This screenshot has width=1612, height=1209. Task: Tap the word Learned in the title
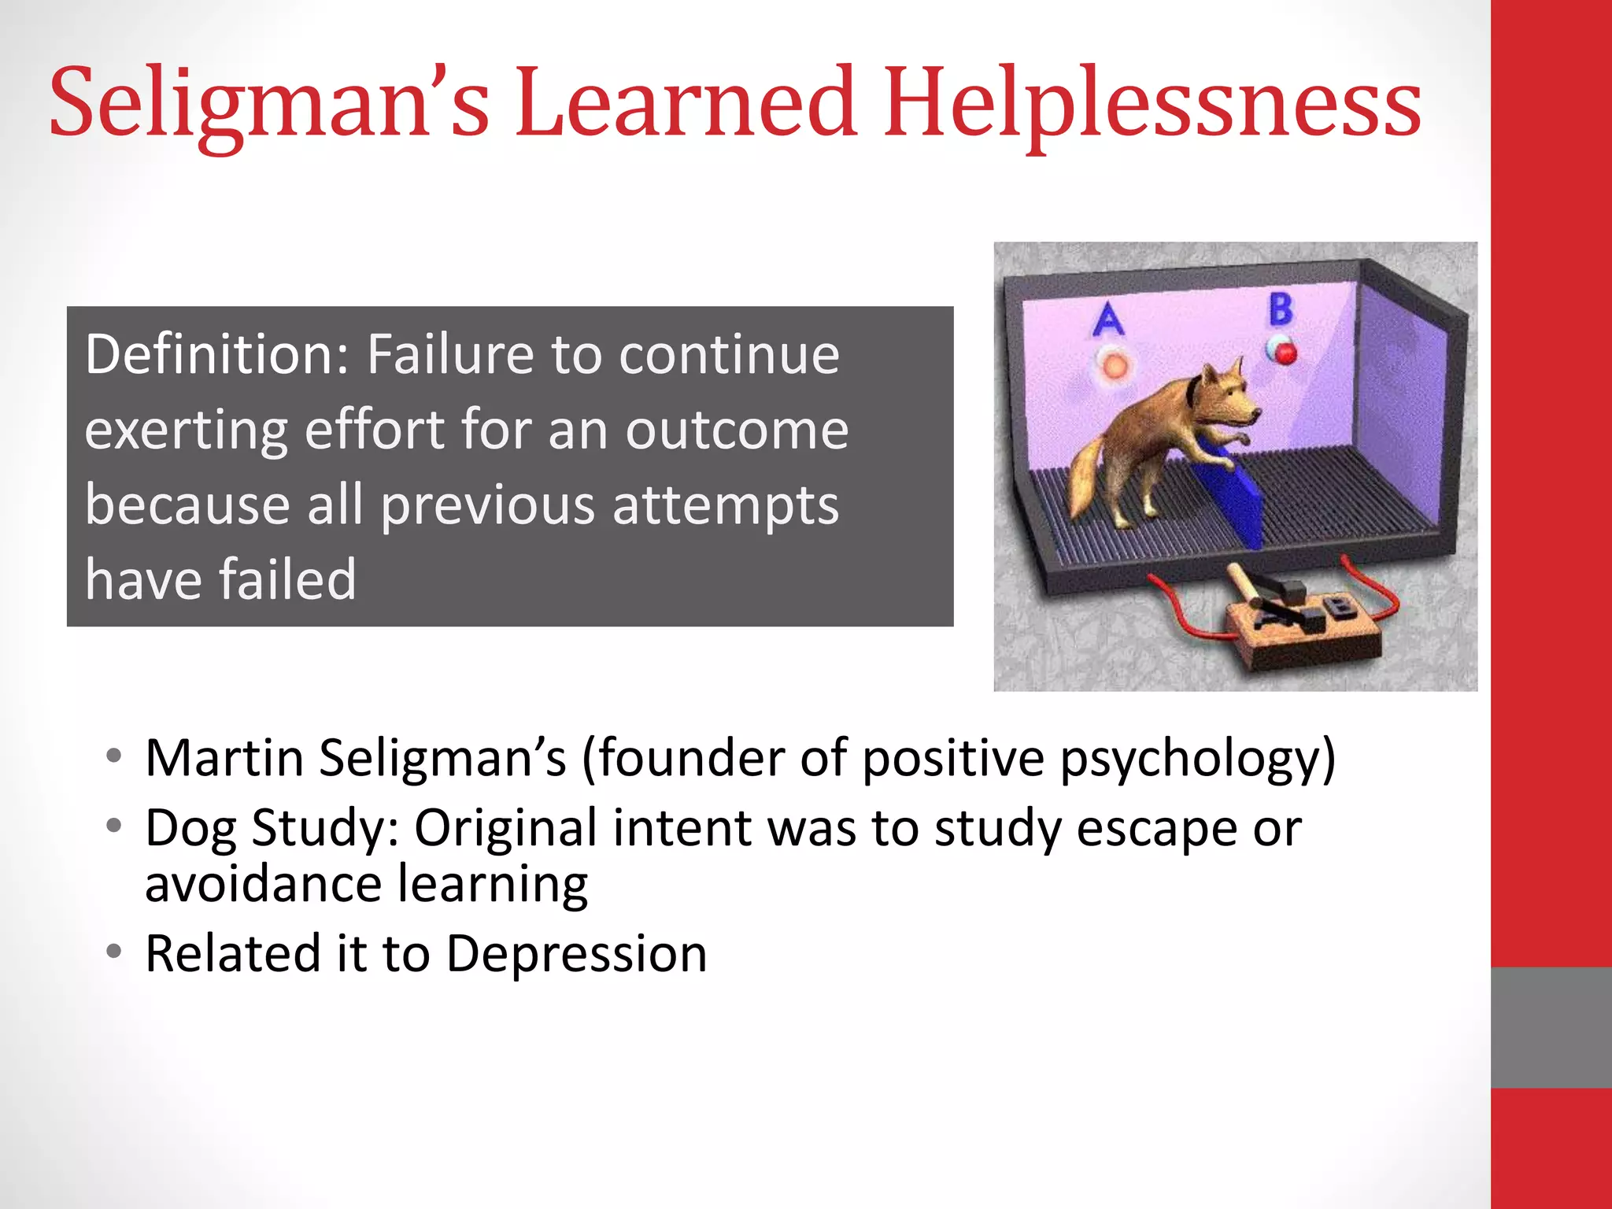(x=686, y=103)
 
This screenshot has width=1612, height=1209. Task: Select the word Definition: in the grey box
(x=217, y=356)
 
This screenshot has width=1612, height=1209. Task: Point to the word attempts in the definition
(x=726, y=505)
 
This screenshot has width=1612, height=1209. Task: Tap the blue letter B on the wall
(x=1281, y=309)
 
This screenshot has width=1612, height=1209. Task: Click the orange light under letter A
(x=1114, y=365)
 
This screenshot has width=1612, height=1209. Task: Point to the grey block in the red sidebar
(x=1551, y=1027)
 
